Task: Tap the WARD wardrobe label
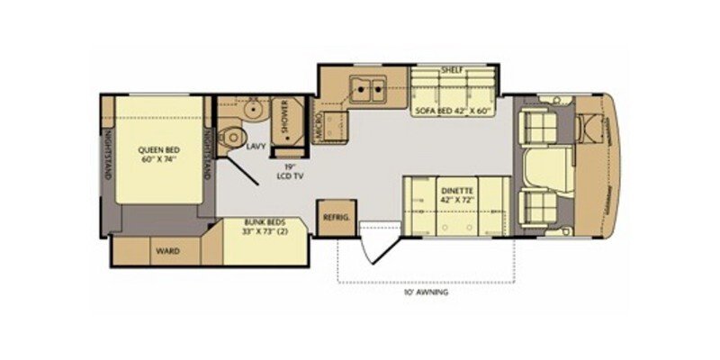coord(166,251)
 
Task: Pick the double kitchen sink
coord(367,89)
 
